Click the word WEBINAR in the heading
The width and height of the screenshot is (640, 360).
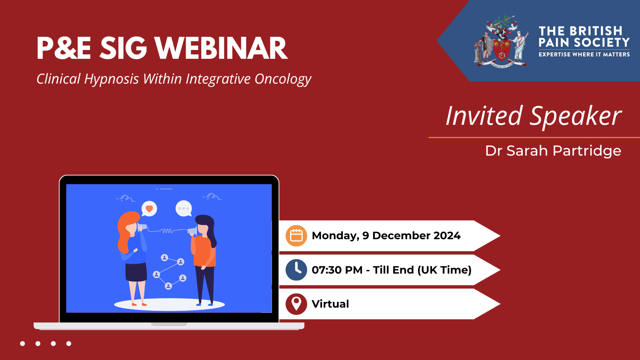coord(221,48)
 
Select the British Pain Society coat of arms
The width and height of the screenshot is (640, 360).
coord(502,42)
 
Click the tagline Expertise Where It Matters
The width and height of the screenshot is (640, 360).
coord(584,54)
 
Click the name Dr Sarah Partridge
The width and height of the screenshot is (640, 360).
coord(553,151)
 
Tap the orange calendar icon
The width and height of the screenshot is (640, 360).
coord(296,236)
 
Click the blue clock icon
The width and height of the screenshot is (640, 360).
coord(296,270)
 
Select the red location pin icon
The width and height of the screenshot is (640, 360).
coord(296,304)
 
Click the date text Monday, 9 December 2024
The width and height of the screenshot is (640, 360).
coord(386,236)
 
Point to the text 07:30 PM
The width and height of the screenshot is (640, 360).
coord(337,270)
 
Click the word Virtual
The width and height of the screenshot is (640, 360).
coord(330,304)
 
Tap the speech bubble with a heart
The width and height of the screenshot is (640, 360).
coord(149,208)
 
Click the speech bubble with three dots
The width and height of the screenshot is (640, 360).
coord(184,208)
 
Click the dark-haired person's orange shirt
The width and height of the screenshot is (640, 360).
coord(205,252)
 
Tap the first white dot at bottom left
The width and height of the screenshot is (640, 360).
coord(22,344)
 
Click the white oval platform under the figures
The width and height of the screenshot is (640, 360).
coord(169,305)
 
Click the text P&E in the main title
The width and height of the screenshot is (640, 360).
coord(64,48)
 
